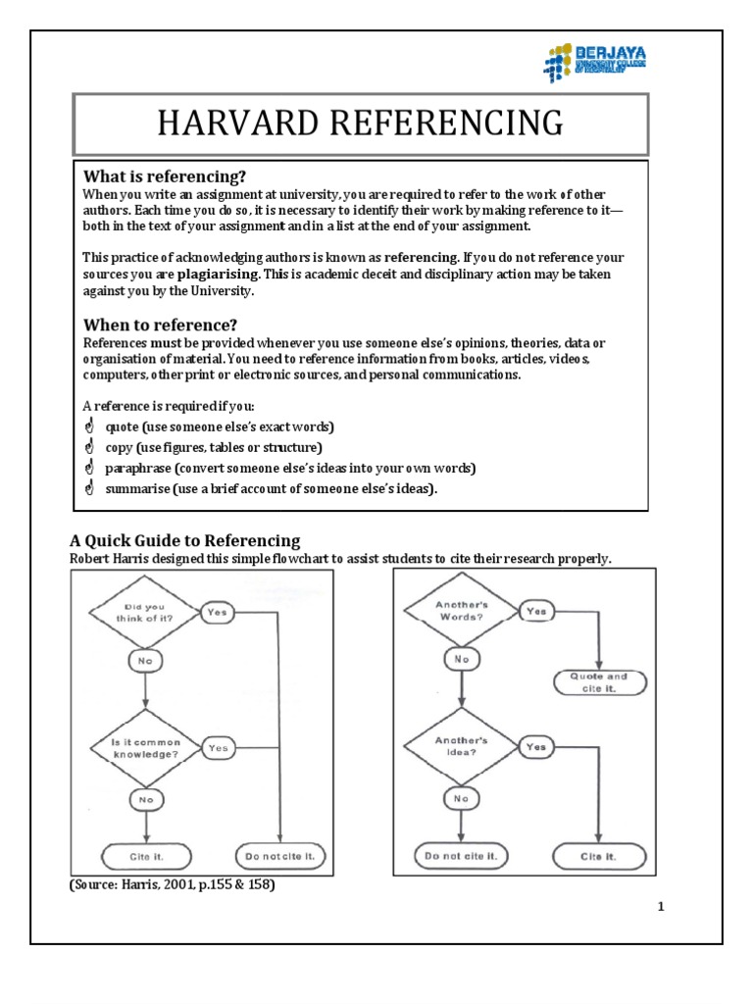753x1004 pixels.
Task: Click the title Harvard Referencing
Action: pyautogui.click(x=361, y=124)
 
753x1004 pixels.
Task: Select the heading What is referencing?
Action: pyautogui.click(x=164, y=176)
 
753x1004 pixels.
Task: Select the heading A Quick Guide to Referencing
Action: pyautogui.click(x=184, y=540)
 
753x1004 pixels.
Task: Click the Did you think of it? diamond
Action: pyautogui.click(x=145, y=614)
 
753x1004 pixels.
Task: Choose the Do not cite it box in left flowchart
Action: pyautogui.click(x=281, y=856)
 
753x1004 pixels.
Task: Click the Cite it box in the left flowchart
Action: pyautogui.click(x=145, y=856)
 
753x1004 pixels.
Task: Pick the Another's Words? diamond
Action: pyautogui.click(x=461, y=612)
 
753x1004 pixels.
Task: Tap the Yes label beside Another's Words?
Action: pyautogui.click(x=535, y=611)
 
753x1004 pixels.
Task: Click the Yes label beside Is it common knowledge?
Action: pyautogui.click(x=218, y=747)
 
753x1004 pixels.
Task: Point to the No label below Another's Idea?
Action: pyautogui.click(x=461, y=799)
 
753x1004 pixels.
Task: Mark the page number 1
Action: pyautogui.click(x=662, y=907)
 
